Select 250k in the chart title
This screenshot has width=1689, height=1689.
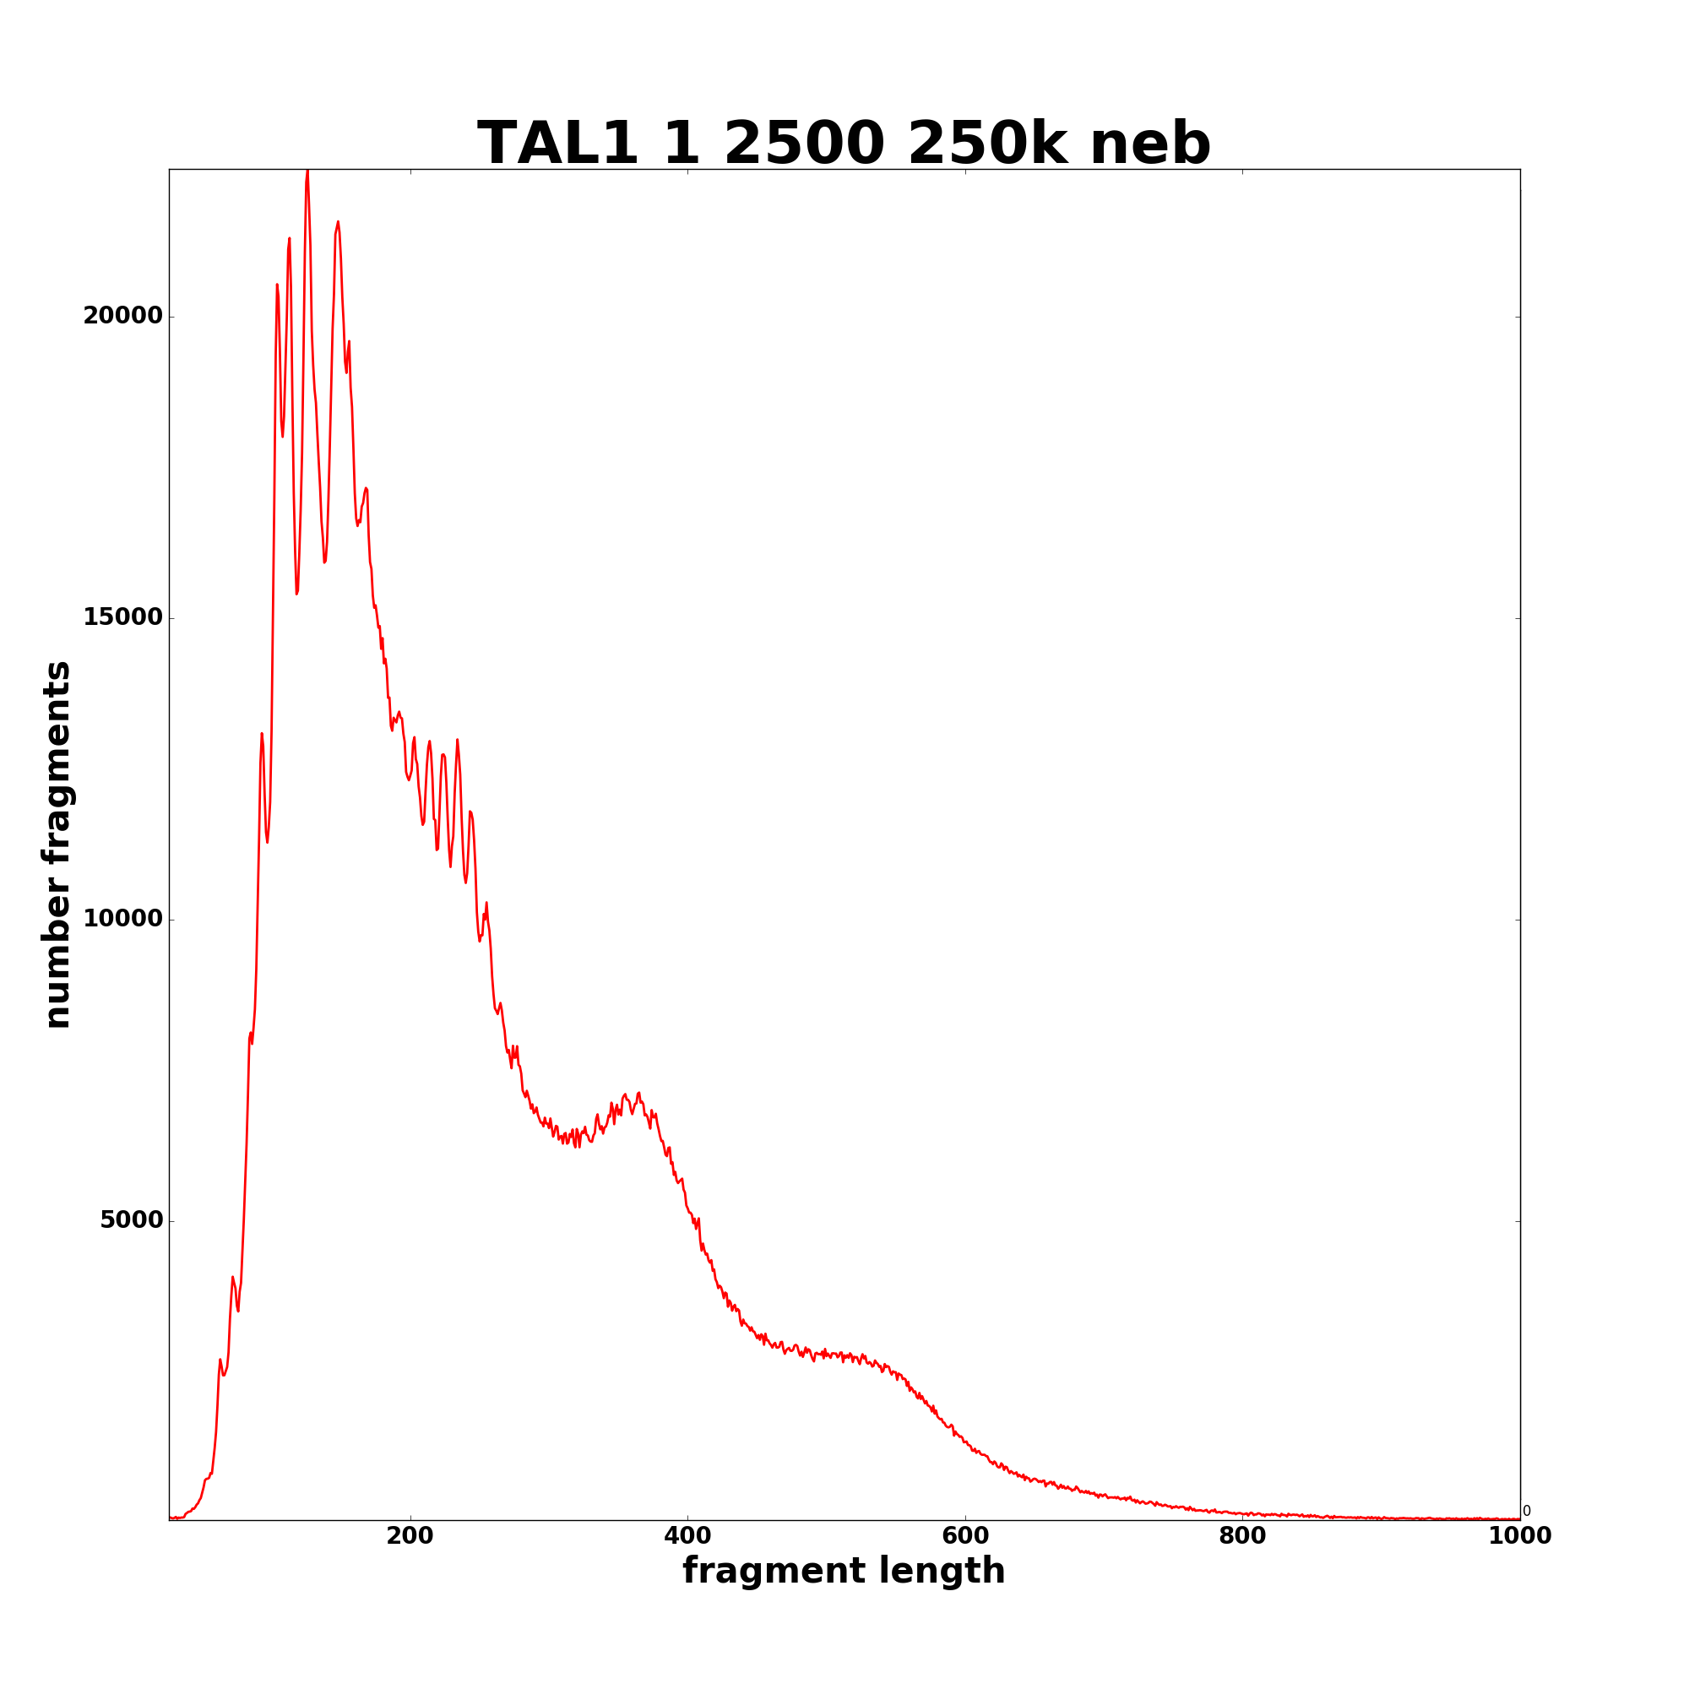click(x=989, y=144)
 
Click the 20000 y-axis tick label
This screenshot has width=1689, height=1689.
click(x=122, y=317)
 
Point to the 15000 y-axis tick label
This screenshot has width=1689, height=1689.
click(x=122, y=618)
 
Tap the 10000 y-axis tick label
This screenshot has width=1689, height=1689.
click(x=122, y=920)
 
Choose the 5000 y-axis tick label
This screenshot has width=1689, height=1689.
click(x=131, y=1220)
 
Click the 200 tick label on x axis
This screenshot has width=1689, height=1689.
click(x=410, y=1536)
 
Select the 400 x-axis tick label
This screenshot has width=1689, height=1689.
click(x=687, y=1536)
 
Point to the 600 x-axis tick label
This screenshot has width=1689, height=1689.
click(x=965, y=1536)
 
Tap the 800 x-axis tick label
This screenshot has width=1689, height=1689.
click(x=1242, y=1536)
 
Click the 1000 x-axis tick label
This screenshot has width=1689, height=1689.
click(x=1519, y=1536)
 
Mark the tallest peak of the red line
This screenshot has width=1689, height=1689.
click(x=307, y=172)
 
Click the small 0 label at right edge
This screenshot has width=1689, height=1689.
click(x=1526, y=1512)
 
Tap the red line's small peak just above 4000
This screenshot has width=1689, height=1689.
click(x=232, y=1278)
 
